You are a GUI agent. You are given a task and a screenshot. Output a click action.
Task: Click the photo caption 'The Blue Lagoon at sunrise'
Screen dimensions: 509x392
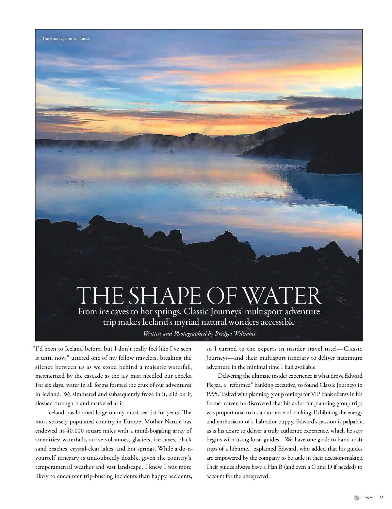66,39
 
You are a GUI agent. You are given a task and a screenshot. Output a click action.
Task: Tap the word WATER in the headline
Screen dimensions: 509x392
282,296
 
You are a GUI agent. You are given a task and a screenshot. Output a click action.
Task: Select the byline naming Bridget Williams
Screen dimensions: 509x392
199,334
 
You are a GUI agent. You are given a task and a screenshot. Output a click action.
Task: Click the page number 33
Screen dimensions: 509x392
381,497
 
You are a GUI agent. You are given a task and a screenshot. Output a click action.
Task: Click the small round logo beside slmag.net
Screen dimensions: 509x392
356,497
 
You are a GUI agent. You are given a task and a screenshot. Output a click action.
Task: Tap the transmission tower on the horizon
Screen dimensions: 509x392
57,136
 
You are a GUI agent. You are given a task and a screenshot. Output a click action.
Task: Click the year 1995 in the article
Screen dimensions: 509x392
213,394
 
